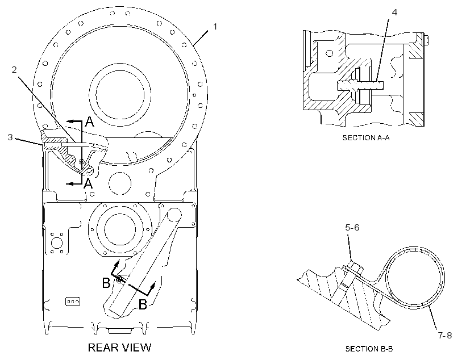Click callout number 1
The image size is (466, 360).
click(x=215, y=27)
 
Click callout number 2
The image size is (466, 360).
click(x=14, y=69)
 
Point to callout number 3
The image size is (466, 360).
click(x=10, y=137)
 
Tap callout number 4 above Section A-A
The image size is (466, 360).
click(x=394, y=12)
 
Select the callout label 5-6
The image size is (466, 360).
click(x=352, y=228)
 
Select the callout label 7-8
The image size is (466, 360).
click(x=445, y=336)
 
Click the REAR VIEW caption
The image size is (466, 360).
click(x=119, y=348)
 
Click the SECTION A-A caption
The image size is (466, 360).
click(x=366, y=138)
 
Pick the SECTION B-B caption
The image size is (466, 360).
click(x=369, y=349)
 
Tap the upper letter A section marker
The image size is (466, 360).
click(x=89, y=122)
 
